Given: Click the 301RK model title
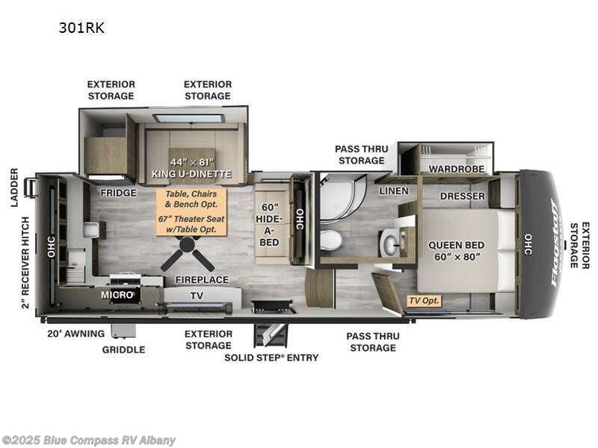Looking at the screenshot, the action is click(81, 28).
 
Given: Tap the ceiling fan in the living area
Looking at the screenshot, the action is click(188, 252).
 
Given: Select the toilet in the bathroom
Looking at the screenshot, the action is click(330, 240).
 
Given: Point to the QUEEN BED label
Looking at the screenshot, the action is click(456, 245).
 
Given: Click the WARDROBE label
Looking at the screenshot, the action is click(457, 169).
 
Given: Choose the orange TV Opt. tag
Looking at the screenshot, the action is click(424, 301).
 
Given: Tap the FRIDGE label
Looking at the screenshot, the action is click(118, 193).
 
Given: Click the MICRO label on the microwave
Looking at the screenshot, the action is click(117, 294).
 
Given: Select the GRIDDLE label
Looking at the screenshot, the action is click(123, 349).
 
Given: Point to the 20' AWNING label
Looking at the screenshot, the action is click(76, 334).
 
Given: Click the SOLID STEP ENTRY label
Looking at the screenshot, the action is click(271, 358).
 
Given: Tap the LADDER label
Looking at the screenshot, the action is click(14, 187).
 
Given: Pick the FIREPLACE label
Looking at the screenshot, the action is click(202, 279).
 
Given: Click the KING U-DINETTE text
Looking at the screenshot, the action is click(192, 174).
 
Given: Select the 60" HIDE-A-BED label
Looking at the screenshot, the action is click(269, 225).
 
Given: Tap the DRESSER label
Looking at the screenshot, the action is click(462, 196).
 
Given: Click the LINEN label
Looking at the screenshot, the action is click(394, 191).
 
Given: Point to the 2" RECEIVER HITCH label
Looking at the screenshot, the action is click(25, 263).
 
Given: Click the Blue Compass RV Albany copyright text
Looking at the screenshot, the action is click(88, 441).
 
